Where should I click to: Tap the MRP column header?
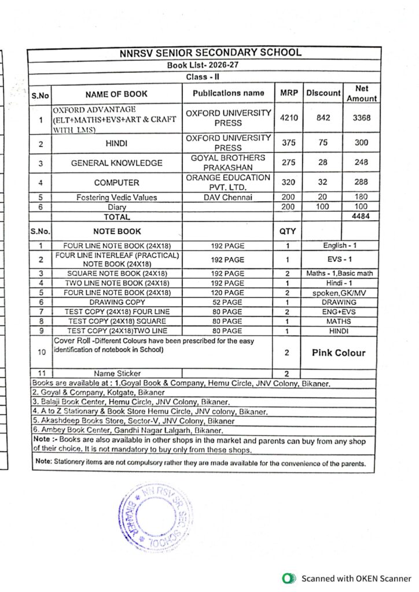pyautogui.click(x=288, y=93)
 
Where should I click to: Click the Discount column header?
pyautogui.click(x=324, y=93)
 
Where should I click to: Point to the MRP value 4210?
pyautogui.click(x=288, y=118)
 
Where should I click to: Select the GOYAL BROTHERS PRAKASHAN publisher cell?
pyautogui.click(x=228, y=162)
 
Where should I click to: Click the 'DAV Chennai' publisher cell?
pyautogui.click(x=228, y=197)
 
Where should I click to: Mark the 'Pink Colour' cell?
pyautogui.click(x=339, y=353)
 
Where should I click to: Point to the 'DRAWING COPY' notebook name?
pyautogui.click(x=116, y=302)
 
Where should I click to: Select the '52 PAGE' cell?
pyautogui.click(x=227, y=302)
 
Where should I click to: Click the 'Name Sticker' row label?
pyautogui.click(x=116, y=373)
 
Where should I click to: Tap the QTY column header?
pyautogui.click(x=287, y=231)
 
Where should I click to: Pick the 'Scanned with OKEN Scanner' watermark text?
pyautogui.click(x=356, y=578)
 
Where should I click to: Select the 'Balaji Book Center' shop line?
pyautogui.click(x=131, y=402)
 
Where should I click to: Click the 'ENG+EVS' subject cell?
pyautogui.click(x=339, y=312)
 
